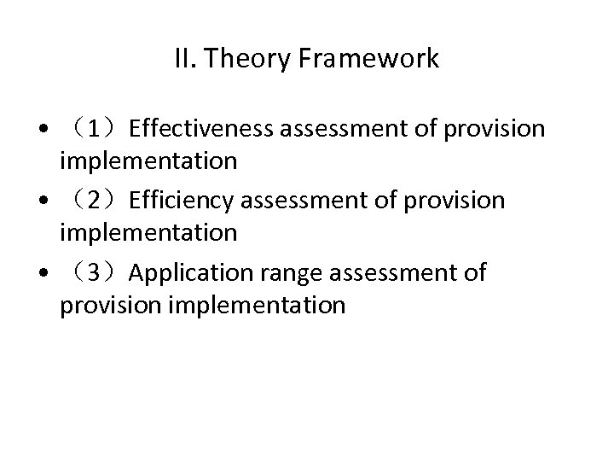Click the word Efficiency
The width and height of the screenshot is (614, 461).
(x=181, y=201)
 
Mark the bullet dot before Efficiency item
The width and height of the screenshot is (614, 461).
(x=43, y=202)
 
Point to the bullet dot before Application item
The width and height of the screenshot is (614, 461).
(x=43, y=275)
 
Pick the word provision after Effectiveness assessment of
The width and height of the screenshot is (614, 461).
(x=495, y=128)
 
